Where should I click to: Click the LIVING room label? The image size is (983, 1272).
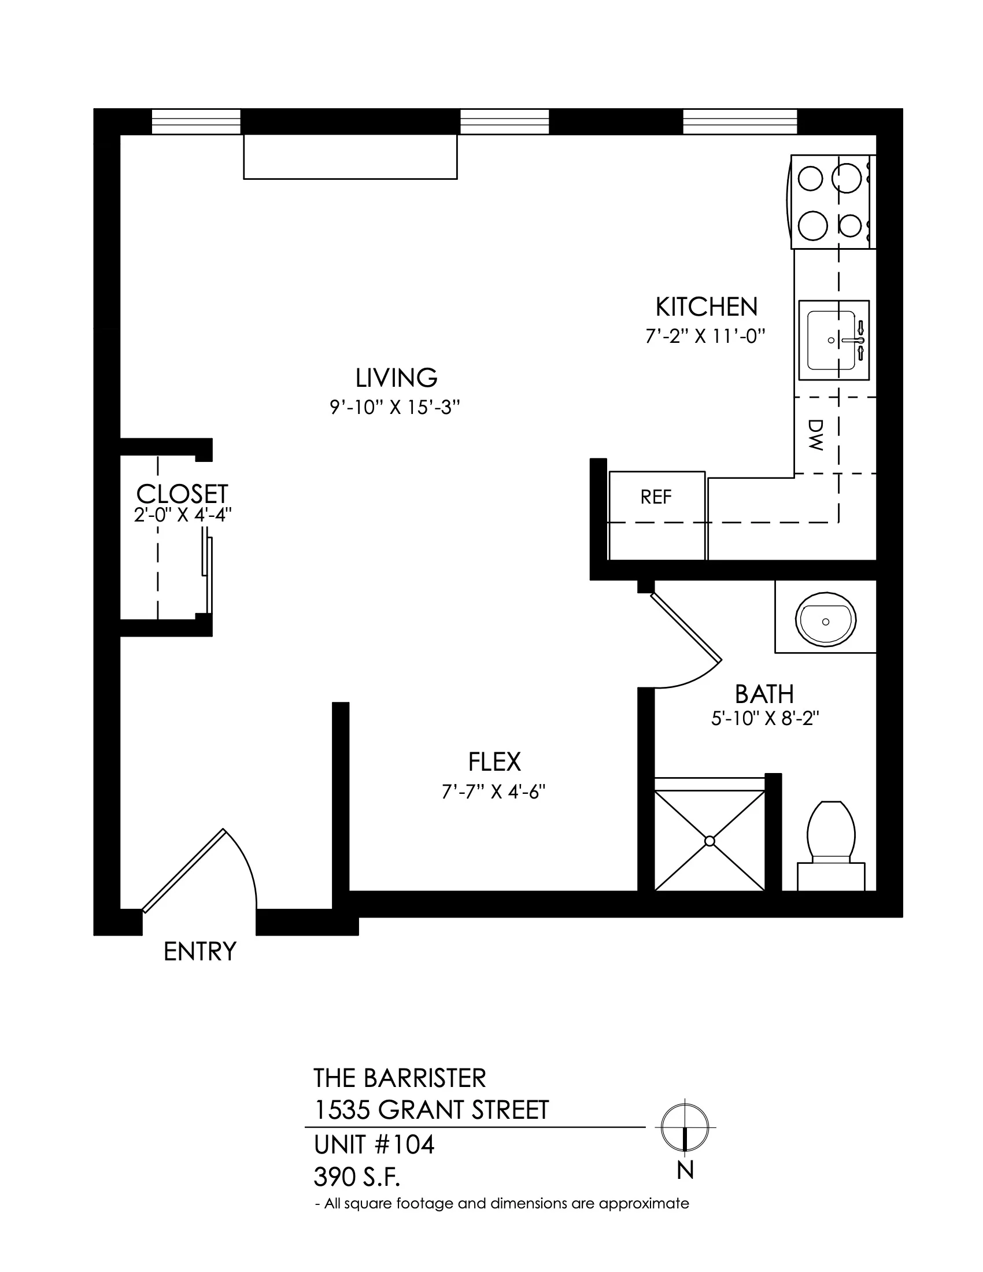pos(397,378)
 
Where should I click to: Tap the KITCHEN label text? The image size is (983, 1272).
pos(707,307)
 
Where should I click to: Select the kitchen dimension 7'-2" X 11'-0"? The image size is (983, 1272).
pos(705,336)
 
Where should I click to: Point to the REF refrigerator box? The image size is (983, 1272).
pos(657,515)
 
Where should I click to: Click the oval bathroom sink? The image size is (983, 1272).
pos(826,622)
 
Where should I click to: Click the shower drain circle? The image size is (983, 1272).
pos(709,841)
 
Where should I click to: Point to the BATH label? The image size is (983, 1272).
pos(764,694)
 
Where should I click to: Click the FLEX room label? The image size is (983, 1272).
pos(494,762)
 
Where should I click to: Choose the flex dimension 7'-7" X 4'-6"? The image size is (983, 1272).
pos(493,792)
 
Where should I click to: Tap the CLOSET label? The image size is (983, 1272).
pos(182,494)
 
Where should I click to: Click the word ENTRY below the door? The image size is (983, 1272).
pos(199,952)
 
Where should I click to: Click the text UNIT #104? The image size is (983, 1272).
pos(375,1145)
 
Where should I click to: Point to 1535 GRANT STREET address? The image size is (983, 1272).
pos(431,1110)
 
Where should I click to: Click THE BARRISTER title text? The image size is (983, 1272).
pos(400,1078)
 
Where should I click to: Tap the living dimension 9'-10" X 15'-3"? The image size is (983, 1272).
pos(396,407)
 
